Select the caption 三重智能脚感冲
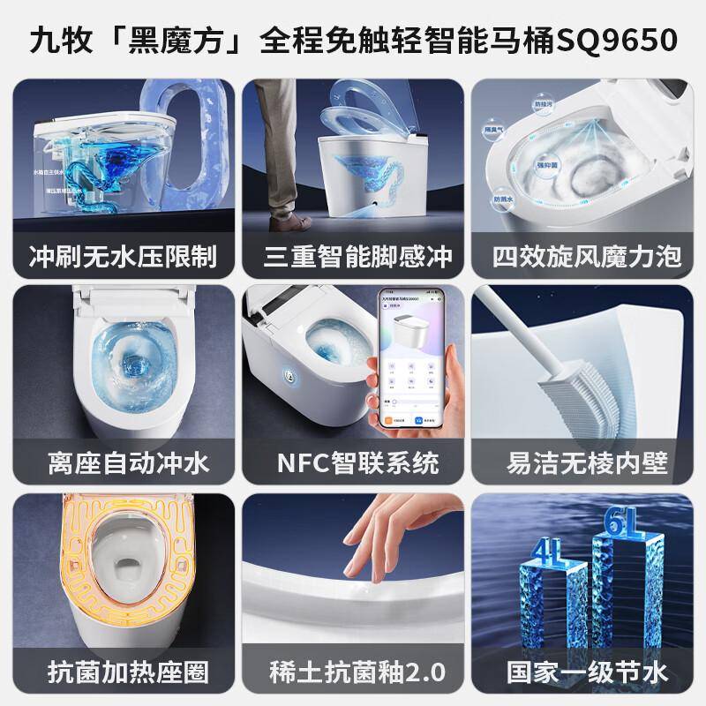pos(357,256)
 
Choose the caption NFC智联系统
pos(357,462)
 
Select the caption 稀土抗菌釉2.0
pos(357,672)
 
